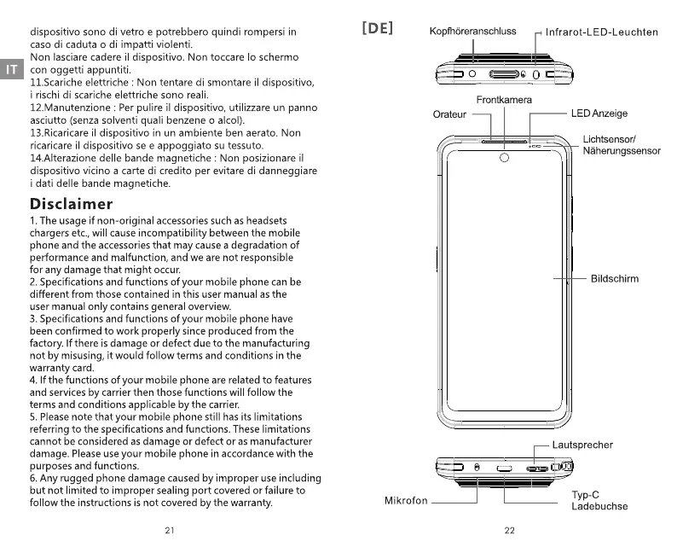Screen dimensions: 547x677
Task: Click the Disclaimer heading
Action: point(72,204)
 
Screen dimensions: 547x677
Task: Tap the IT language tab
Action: point(11,69)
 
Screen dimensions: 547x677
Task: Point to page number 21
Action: point(170,530)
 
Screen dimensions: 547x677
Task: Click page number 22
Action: point(510,530)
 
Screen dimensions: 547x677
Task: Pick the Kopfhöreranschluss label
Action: point(472,32)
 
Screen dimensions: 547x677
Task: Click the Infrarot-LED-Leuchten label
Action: point(602,32)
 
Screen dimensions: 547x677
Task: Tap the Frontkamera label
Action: point(504,100)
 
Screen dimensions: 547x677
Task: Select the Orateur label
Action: point(449,114)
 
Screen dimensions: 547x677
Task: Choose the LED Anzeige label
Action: point(599,113)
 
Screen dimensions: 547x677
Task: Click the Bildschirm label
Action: point(614,278)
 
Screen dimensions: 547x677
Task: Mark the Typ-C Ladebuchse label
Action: point(599,500)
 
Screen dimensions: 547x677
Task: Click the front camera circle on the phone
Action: point(504,158)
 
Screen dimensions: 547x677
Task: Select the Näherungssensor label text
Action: point(622,151)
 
